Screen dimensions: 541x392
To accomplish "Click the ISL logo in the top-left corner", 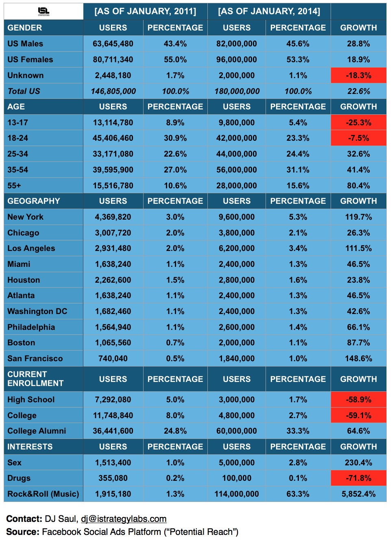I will (44, 11).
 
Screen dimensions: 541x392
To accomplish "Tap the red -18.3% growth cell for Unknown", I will (358, 75).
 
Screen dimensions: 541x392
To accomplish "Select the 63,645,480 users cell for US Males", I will (113, 44).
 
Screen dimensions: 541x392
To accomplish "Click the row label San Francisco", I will (35, 358).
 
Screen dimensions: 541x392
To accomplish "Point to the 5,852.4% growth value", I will (358, 494).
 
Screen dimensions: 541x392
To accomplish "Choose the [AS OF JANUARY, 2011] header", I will (145, 11).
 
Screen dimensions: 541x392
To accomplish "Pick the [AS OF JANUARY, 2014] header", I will (269, 11).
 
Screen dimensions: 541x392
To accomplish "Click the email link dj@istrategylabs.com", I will (124, 519).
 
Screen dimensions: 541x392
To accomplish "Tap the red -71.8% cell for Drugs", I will (358, 478).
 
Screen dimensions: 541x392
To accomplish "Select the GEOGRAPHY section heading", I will (34, 201).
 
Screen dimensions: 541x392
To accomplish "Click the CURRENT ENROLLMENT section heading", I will (35, 379).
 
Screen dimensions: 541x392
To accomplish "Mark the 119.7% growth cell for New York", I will (358, 217).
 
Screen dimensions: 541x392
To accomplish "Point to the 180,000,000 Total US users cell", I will (237, 91).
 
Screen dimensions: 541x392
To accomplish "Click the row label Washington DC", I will (37, 311).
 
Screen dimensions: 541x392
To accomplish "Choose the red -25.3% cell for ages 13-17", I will (358, 122).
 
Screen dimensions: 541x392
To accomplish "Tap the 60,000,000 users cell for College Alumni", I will (237, 431).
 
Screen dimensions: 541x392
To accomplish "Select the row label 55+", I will (14, 185).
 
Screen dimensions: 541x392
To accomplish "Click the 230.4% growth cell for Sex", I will (358, 462).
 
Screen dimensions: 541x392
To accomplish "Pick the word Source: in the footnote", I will (23, 532).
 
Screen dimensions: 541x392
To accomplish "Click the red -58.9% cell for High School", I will (358, 399).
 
